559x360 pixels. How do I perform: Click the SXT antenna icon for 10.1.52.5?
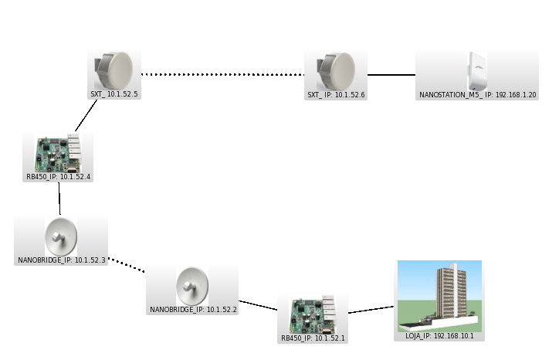[x=114, y=70]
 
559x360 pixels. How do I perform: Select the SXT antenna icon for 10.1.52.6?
[x=336, y=70]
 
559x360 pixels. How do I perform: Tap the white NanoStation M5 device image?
[x=477, y=70]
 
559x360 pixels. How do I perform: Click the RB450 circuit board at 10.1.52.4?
[x=59, y=152]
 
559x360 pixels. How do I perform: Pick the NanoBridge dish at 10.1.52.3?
[x=61, y=236]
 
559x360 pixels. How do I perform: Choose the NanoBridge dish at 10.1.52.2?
[x=192, y=286]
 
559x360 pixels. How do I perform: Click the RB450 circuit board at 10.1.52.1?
[x=313, y=312]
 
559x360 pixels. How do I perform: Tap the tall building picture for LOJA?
[x=439, y=294]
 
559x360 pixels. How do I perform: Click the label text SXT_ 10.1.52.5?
[x=114, y=93]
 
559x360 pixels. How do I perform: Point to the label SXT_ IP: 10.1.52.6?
[x=336, y=94]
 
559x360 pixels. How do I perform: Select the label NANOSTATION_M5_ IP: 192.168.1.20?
[x=477, y=94]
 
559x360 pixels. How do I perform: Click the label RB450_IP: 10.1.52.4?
[x=59, y=177]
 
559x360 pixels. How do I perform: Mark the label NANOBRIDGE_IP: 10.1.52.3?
[x=61, y=260]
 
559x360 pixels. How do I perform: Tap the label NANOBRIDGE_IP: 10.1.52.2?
[x=192, y=310]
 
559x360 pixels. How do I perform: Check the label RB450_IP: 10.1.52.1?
[x=313, y=338]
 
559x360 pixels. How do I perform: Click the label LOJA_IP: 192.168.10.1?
[x=440, y=336]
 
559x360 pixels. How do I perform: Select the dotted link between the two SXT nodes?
[x=224, y=75]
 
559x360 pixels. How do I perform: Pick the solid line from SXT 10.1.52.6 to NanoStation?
[x=391, y=75]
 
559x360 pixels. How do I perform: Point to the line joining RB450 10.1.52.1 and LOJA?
[x=372, y=310]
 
